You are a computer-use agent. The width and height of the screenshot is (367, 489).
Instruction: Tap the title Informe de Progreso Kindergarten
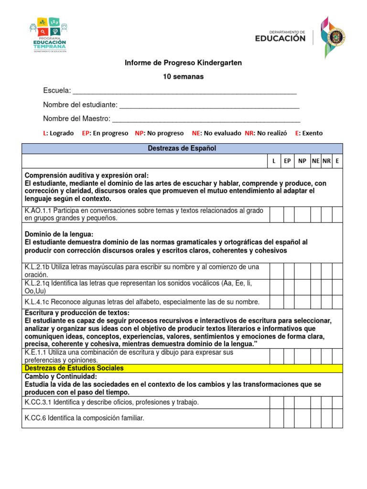pyautogui.click(x=183, y=63)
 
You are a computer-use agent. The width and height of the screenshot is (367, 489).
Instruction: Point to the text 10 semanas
pyautogui.click(x=183, y=77)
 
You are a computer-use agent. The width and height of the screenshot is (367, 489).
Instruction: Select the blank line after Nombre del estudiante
pyautogui.click(x=209, y=106)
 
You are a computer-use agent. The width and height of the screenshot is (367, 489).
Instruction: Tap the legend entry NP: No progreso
pyautogui.click(x=159, y=133)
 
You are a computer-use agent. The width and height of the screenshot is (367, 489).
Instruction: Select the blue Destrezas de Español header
pyautogui.click(x=182, y=149)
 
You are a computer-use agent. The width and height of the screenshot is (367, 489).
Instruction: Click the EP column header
pyautogui.click(x=287, y=161)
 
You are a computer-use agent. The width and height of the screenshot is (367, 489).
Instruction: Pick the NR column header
pyautogui.click(x=326, y=161)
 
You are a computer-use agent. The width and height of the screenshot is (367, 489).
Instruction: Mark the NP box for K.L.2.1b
pyautogui.click(x=302, y=271)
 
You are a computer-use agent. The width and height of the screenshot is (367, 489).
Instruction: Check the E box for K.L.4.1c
pyautogui.click(x=337, y=302)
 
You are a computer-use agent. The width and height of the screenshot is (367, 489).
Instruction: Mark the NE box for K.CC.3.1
pyautogui.click(x=315, y=403)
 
